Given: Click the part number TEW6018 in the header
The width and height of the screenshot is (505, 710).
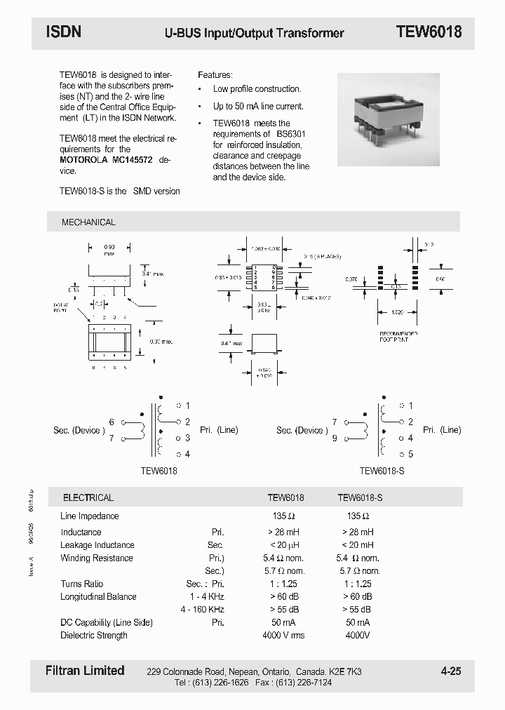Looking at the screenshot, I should click(x=429, y=32).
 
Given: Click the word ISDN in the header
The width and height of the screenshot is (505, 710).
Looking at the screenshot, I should click(x=64, y=32).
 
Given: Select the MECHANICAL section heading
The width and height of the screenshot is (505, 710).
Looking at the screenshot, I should click(x=88, y=222).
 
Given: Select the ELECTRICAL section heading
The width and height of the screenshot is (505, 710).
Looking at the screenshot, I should click(x=88, y=497).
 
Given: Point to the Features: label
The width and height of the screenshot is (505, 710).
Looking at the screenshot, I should click(x=215, y=74).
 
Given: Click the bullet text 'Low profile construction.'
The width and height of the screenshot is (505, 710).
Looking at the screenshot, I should click(x=257, y=89).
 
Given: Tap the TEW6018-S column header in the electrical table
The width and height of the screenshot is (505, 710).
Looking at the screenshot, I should click(x=360, y=497).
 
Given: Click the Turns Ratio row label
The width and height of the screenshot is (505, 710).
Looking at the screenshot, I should click(x=82, y=584).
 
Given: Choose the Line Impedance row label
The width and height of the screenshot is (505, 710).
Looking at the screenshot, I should click(x=90, y=516).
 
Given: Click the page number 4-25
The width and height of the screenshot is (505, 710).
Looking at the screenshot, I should click(x=451, y=671).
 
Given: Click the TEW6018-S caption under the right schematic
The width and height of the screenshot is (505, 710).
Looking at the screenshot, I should click(x=382, y=472).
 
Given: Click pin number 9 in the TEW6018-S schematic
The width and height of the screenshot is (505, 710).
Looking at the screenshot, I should click(x=335, y=438).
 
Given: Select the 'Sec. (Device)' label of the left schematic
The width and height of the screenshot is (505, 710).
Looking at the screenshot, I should click(x=78, y=430).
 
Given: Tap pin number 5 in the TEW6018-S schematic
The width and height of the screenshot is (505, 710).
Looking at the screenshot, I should click(x=410, y=454).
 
